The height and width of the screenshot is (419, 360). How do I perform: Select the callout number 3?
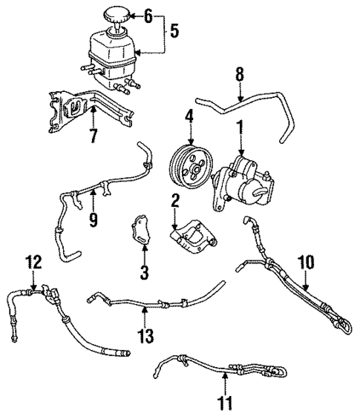pos(144,272)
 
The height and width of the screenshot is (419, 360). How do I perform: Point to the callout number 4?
pos(190,116)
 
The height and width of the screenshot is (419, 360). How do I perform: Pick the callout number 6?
pos(148,14)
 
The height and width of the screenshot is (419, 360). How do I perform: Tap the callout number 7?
pos(94,135)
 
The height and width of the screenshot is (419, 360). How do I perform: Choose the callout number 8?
pos(240,75)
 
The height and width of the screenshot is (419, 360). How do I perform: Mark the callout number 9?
pos(93,220)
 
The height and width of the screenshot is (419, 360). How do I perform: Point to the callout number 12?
pos(32,263)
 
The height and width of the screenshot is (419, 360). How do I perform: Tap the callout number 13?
pos(145,335)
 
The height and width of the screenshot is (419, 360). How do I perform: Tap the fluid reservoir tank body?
pos(113,53)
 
